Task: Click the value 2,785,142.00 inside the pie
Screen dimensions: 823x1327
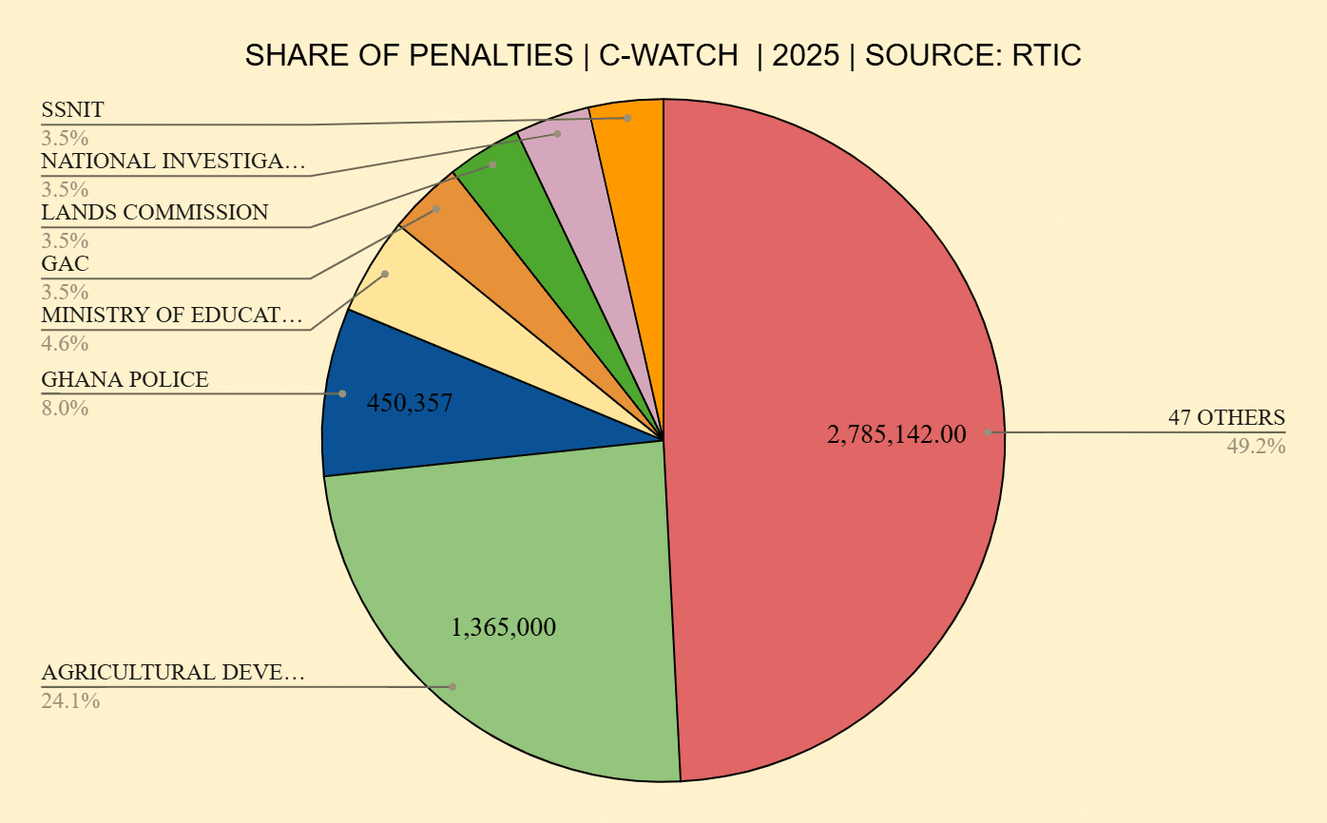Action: pos(896,435)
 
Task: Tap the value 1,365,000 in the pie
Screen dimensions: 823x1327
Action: pos(503,627)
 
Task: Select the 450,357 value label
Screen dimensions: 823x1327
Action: pos(409,403)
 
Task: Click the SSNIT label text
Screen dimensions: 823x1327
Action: pos(72,110)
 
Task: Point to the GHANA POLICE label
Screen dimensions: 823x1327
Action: pos(125,380)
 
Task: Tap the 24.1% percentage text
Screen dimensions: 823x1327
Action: pos(70,701)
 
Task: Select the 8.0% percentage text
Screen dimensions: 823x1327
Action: pos(65,409)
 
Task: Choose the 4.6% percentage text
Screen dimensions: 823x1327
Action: pos(65,343)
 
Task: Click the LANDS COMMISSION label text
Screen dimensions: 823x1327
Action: pos(154,212)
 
